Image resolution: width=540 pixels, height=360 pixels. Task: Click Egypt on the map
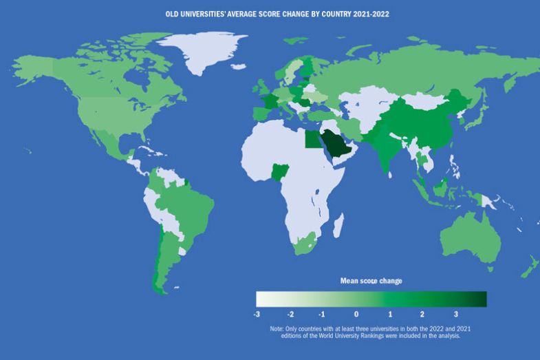click(312, 140)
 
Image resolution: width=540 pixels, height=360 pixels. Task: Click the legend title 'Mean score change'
click(371, 281)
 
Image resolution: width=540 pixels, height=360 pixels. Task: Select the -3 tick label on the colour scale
click(257, 314)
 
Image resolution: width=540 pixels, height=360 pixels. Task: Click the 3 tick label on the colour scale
click(455, 314)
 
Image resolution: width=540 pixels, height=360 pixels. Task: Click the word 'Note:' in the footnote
click(279, 329)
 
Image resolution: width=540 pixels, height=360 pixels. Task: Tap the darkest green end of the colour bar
click(482, 299)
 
